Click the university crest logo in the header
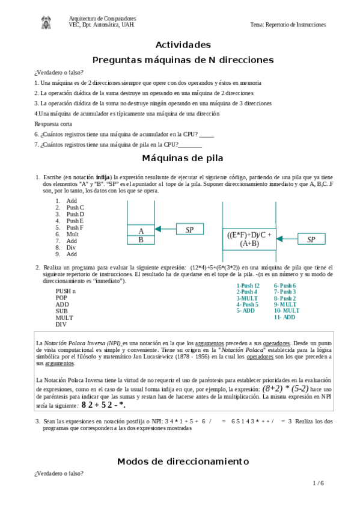pos(46,23)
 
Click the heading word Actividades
pos(183,45)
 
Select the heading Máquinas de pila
pos(183,158)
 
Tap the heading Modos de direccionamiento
pos(183,461)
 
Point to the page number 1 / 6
pos(318,483)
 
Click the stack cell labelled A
pos(141,230)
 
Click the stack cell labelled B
pos(141,239)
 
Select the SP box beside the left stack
pos(189,230)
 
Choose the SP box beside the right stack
pos(311,239)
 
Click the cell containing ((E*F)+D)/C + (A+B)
pos(249,239)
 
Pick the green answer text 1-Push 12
pos(248,286)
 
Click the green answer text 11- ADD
pos(284,317)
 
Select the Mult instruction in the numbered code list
pos(72,234)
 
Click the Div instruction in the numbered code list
pos(72,247)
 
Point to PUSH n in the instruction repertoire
pos(66,290)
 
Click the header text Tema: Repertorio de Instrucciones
pos(288,25)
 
